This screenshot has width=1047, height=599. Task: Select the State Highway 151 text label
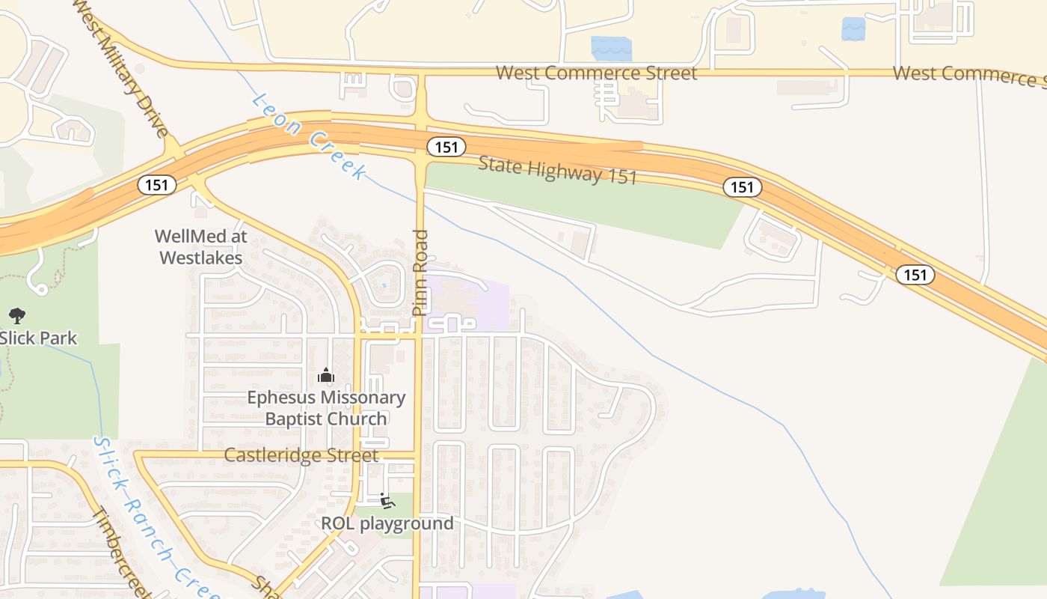point(557,170)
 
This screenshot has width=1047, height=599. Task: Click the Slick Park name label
point(39,338)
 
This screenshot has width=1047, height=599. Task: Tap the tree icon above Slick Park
point(16,316)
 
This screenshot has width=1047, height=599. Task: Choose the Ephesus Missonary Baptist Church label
point(326,408)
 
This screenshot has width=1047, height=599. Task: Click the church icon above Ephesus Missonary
point(326,374)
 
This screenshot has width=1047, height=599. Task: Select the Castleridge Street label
point(301,455)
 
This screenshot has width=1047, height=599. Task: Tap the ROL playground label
point(387,523)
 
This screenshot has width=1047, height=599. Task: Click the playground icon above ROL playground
point(387,500)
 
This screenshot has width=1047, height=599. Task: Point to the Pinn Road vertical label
point(420,273)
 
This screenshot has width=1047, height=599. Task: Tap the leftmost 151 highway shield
point(157,184)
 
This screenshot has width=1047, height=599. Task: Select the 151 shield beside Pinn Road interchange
point(446,147)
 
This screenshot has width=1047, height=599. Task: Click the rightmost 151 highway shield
point(915,275)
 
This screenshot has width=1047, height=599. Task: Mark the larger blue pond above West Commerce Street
point(611,49)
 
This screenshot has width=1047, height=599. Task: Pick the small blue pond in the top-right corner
point(853,28)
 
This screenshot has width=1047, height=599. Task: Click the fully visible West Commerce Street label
point(596,73)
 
